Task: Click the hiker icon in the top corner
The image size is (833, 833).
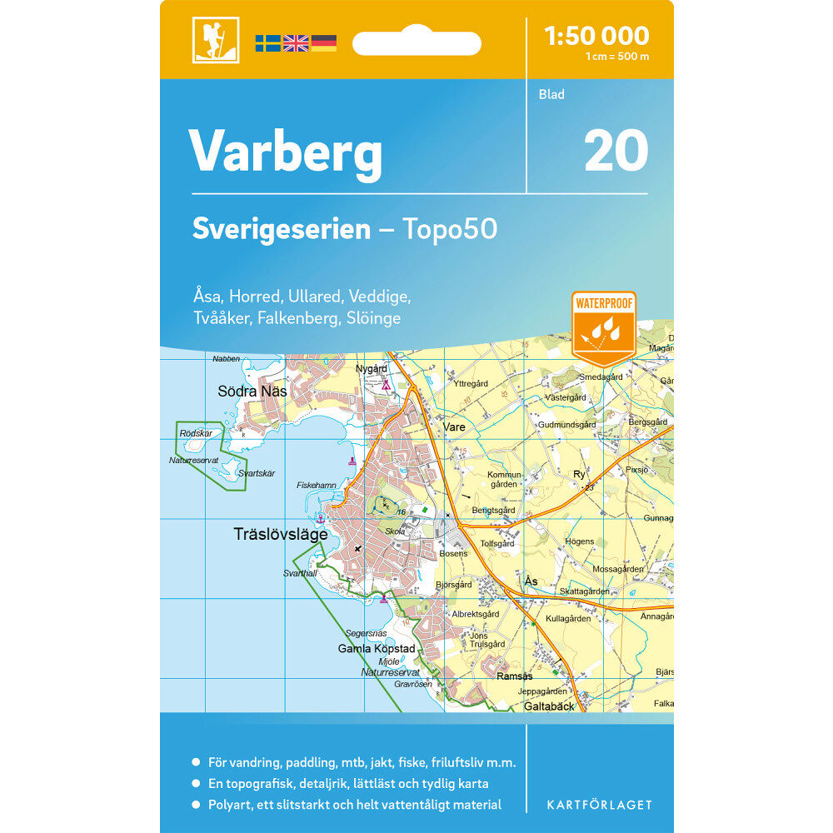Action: [x=216, y=40]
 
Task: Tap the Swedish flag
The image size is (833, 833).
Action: [x=267, y=42]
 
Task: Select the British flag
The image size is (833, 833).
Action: [x=296, y=42]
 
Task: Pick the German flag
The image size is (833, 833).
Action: [x=324, y=42]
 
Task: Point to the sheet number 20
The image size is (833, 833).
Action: [x=616, y=151]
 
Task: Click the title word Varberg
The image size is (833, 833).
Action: [x=286, y=152]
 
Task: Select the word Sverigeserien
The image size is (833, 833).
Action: [x=281, y=229]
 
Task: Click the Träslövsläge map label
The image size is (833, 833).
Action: [x=281, y=535]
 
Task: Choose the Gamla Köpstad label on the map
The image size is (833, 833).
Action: [x=377, y=648]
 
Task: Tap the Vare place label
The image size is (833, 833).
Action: [x=454, y=426]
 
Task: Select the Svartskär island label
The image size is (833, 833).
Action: [x=256, y=473]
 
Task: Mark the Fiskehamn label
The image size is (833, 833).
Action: [x=317, y=485]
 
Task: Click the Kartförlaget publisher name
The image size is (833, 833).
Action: [x=599, y=805]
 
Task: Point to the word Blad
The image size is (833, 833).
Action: [x=551, y=94]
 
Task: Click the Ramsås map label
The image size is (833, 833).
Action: [x=514, y=676]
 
